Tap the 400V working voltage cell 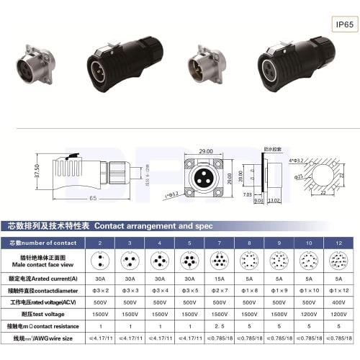coord(337,304)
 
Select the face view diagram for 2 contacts coord(102,260)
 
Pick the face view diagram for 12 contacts coord(337,260)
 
